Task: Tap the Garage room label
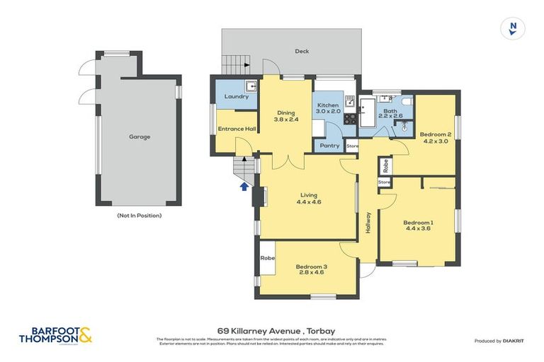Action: pyautogui.click(x=139, y=136)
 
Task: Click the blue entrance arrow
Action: pyautogui.click(x=245, y=187)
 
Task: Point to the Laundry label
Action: pyautogui.click(x=236, y=96)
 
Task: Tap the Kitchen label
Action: pyautogui.click(x=329, y=105)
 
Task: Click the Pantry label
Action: pyautogui.click(x=329, y=146)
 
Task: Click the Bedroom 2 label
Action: pyautogui.click(x=436, y=134)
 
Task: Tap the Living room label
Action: pyautogui.click(x=308, y=195)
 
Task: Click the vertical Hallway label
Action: pyautogui.click(x=369, y=223)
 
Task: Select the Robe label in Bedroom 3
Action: pyautogui.click(x=267, y=258)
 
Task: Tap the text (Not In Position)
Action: pyautogui.click(x=139, y=215)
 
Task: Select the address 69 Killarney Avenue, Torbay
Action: pyautogui.click(x=276, y=329)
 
